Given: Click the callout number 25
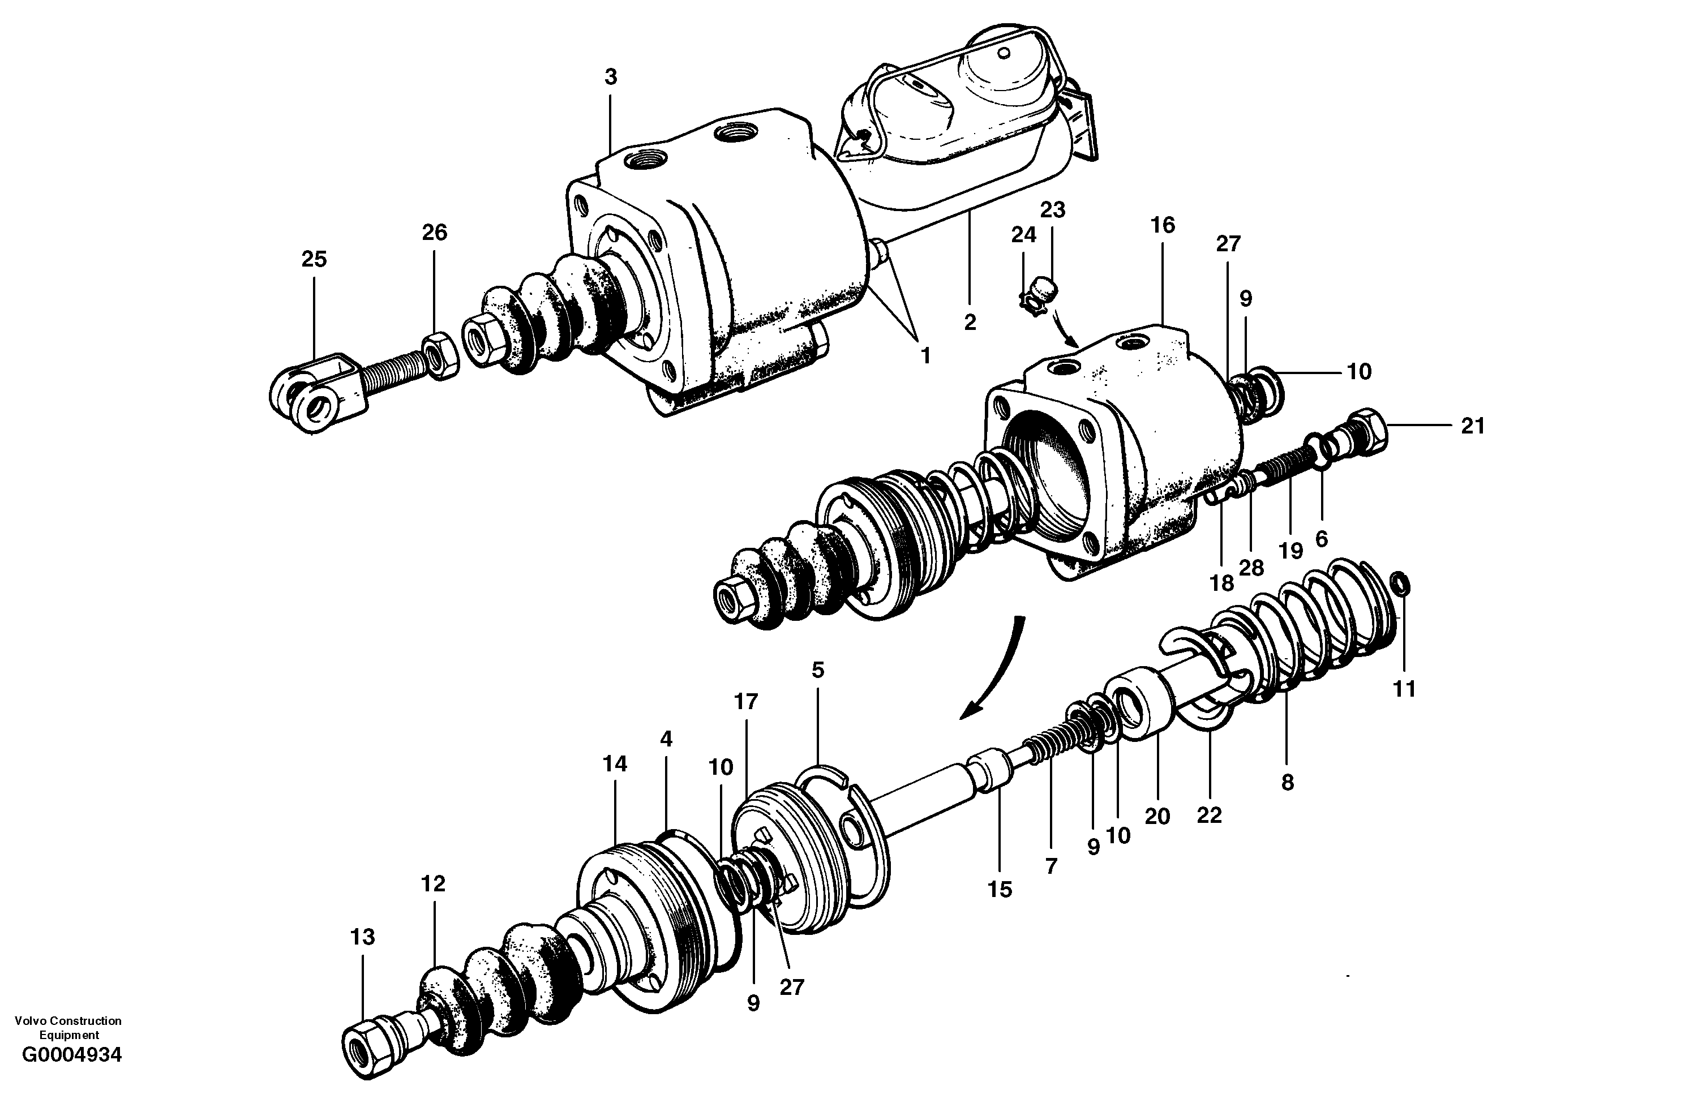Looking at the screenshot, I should (x=314, y=259).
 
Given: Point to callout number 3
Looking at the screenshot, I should (x=611, y=77).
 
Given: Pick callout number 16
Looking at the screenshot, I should (x=1163, y=225).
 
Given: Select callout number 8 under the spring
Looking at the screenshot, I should (x=1287, y=782).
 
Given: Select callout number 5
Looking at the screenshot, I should (x=818, y=669).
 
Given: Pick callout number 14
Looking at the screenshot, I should (x=615, y=764).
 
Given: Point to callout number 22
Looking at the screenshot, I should (x=1208, y=816).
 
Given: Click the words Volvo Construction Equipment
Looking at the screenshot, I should (x=68, y=1027).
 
